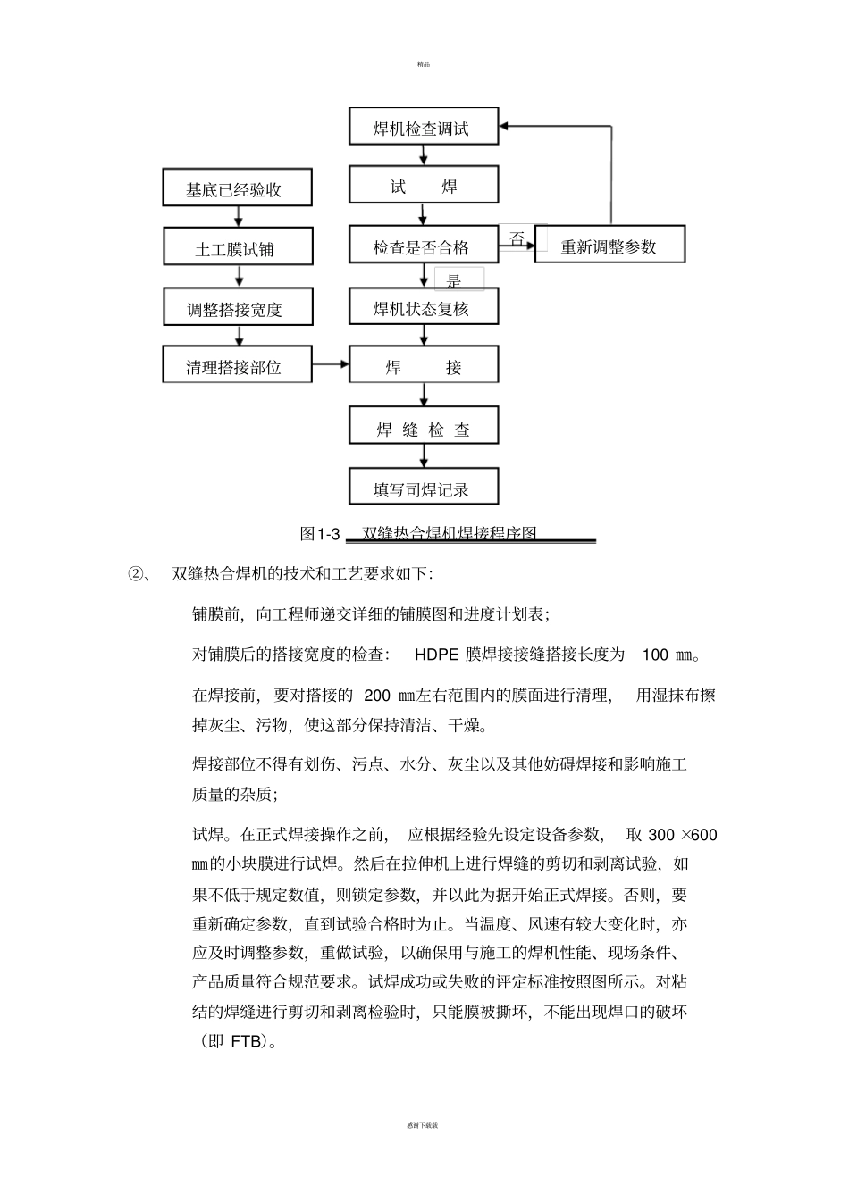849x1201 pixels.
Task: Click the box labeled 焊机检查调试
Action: pos(423,128)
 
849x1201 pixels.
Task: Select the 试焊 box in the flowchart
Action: pos(423,187)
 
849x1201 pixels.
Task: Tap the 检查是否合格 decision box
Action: pos(423,246)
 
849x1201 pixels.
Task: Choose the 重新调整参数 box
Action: pos(609,246)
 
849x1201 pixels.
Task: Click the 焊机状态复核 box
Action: pos(423,309)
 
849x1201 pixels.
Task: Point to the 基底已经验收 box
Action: pos(238,189)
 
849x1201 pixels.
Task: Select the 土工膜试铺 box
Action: pos(238,249)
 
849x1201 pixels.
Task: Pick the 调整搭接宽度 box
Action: pos(238,309)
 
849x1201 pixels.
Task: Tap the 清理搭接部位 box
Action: pos(238,367)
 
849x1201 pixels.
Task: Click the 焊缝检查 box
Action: pos(423,430)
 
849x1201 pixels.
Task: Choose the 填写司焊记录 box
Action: pos(423,489)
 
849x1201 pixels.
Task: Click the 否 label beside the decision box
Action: pos(517,238)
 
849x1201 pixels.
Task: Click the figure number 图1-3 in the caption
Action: pos(321,534)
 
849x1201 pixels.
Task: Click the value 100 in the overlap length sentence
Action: pos(655,655)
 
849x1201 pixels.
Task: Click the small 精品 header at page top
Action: pos(424,64)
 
